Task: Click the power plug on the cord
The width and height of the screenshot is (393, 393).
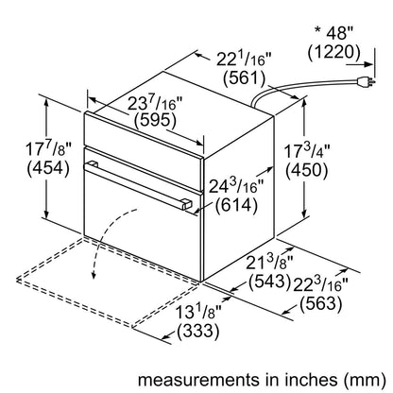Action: click(366, 82)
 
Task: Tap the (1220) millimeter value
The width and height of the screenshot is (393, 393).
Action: click(333, 53)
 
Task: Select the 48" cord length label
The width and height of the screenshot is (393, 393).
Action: click(340, 33)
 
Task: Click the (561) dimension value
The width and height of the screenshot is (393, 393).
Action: click(245, 78)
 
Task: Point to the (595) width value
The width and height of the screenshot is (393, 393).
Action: click(155, 120)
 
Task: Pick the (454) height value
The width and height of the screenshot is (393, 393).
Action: click(48, 168)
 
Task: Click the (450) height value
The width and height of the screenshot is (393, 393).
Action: click(307, 170)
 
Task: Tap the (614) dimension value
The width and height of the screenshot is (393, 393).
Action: click(236, 205)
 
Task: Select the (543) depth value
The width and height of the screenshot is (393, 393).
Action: click(269, 282)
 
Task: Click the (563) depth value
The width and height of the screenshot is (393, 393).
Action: click(320, 303)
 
